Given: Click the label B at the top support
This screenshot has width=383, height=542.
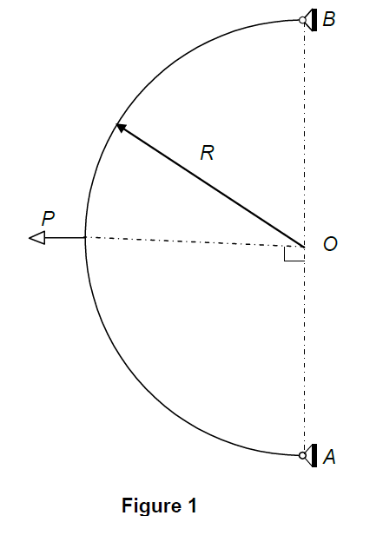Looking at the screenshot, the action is (x=328, y=20).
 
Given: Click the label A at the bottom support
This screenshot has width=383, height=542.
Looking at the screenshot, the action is (x=329, y=457).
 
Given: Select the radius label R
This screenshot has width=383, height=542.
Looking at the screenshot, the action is (x=207, y=154).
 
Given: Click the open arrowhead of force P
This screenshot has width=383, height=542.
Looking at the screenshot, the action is (x=36, y=237).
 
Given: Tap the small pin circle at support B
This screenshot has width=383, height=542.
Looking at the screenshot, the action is (x=303, y=20).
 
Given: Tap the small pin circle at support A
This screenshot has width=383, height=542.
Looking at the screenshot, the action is (x=303, y=454).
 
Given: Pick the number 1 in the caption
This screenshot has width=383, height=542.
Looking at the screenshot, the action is (x=192, y=505).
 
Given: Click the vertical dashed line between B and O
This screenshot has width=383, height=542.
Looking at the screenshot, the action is (x=304, y=130).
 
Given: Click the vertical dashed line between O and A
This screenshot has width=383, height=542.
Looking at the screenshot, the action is (x=304, y=356).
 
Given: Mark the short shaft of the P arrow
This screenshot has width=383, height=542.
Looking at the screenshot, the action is (x=65, y=237).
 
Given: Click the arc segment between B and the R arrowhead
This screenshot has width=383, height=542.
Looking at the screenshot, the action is (x=191, y=51).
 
